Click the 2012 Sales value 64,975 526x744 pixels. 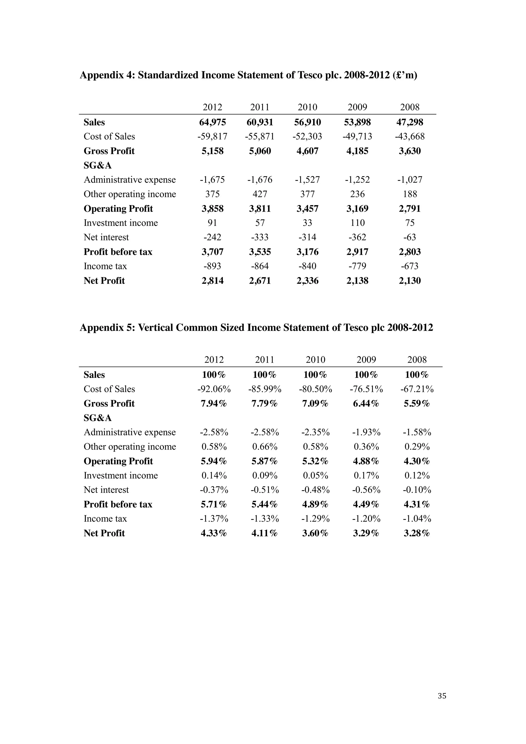(x=212, y=122)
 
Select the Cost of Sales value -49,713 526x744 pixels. (x=357, y=136)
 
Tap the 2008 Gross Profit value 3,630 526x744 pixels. (x=410, y=151)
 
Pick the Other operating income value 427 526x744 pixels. (x=260, y=194)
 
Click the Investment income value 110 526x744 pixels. (x=357, y=223)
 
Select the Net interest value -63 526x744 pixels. (x=410, y=237)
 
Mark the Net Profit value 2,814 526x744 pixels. (x=212, y=281)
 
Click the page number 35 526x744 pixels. (x=442, y=696)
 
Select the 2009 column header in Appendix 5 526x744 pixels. (x=366, y=360)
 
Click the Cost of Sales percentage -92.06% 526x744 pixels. (x=214, y=389)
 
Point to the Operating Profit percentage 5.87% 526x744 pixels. (x=265, y=461)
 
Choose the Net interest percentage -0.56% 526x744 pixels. (x=366, y=490)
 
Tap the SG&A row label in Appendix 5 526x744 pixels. (x=98, y=418)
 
